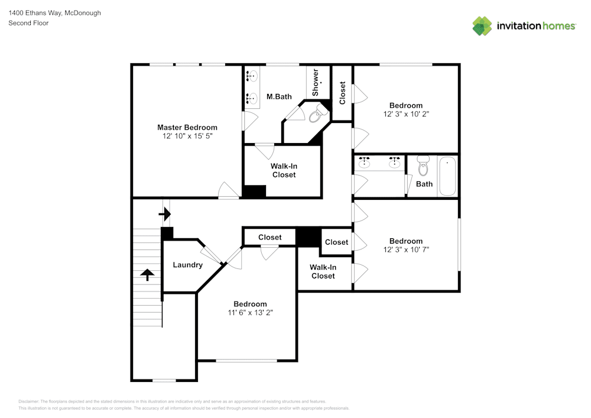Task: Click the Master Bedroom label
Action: [x=187, y=127]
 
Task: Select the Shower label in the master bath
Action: [x=316, y=83]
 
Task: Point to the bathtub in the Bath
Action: [x=447, y=176]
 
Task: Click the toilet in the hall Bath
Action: [x=423, y=167]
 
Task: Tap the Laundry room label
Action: [x=187, y=265]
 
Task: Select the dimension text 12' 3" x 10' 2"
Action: [x=405, y=114]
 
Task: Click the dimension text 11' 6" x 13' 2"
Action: [x=250, y=313]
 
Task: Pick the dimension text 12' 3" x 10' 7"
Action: [x=405, y=249]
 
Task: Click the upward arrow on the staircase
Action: [x=147, y=274]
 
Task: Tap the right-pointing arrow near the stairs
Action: [x=165, y=213]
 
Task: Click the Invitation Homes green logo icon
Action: [x=482, y=25]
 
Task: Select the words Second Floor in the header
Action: [x=28, y=23]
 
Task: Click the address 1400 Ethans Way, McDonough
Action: [x=54, y=12]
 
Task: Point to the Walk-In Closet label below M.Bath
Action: [x=284, y=170]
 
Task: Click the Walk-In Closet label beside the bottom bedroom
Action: [x=323, y=271]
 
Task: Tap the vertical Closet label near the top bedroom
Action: [x=342, y=93]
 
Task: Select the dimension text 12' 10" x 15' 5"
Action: [x=187, y=136]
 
